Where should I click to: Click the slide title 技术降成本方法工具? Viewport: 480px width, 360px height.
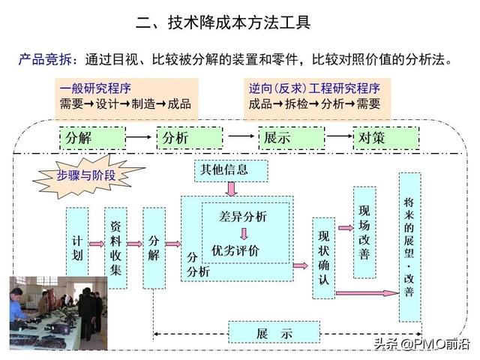[223, 22]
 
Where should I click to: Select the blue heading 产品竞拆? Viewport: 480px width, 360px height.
[45, 59]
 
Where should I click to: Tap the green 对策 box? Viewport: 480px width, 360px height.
[386, 138]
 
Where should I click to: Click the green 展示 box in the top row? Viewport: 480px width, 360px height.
[292, 138]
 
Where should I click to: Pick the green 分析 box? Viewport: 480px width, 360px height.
[190, 138]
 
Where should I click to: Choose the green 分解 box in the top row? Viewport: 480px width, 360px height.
[92, 138]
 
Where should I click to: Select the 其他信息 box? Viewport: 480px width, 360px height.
[231, 170]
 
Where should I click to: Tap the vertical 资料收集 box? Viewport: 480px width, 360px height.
[115, 248]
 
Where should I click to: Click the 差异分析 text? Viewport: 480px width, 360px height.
[243, 217]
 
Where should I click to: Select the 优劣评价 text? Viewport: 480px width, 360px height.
[235, 251]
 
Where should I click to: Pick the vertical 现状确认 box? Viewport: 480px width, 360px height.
[323, 258]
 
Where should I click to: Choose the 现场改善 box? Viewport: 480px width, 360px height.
[364, 232]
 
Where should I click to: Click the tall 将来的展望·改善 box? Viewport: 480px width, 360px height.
[410, 247]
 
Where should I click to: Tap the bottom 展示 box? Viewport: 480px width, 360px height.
[274, 332]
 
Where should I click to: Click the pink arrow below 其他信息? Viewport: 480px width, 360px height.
[232, 189]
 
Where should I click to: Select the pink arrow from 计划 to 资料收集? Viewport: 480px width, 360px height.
[97, 244]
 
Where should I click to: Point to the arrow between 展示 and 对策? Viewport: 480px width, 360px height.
[339, 136]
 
